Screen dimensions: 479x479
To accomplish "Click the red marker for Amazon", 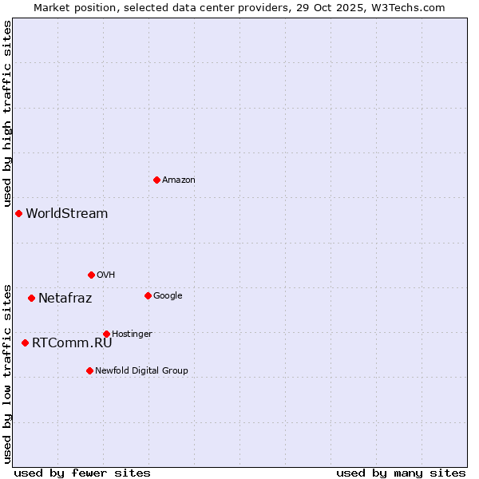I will pos(156,180).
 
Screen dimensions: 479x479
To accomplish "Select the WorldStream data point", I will pos(18,213).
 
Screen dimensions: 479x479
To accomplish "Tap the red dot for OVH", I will pos(91,275).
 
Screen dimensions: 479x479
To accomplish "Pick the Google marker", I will pos(148,295).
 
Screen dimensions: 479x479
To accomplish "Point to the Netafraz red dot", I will pos(31,298).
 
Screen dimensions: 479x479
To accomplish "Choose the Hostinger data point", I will pos(106,334).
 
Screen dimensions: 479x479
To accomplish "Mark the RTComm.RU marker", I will pos(25,342).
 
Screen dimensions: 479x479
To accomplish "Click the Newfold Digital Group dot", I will pos(89,370).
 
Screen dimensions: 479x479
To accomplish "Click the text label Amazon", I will pos(179,180).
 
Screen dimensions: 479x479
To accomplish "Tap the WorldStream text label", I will pos(67,213).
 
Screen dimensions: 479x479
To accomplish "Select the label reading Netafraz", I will pos(65,298).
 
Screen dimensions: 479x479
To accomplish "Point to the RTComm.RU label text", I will pos(72,342).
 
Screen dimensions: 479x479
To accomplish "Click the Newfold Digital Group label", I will pos(141,370).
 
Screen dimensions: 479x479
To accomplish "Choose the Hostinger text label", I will pos(132,334).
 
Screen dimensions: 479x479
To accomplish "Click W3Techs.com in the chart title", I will pos(411,7).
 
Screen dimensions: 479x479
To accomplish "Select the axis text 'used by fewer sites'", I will pos(82,473).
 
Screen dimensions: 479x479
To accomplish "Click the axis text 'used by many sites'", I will pos(401,473).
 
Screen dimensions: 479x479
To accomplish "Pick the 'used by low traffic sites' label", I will pos(7,373).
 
